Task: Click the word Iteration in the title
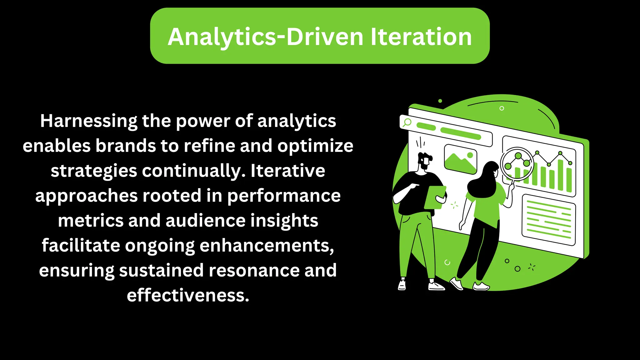(x=421, y=37)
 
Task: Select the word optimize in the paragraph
(x=315, y=146)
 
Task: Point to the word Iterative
(x=288, y=171)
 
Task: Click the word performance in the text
(x=283, y=196)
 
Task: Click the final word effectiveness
(x=188, y=295)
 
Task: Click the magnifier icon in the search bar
(x=407, y=122)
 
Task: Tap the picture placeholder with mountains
(x=460, y=159)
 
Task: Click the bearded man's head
(x=425, y=161)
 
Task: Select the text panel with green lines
(x=548, y=219)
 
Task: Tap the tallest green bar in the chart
(x=560, y=175)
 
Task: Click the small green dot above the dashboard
(x=440, y=101)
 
